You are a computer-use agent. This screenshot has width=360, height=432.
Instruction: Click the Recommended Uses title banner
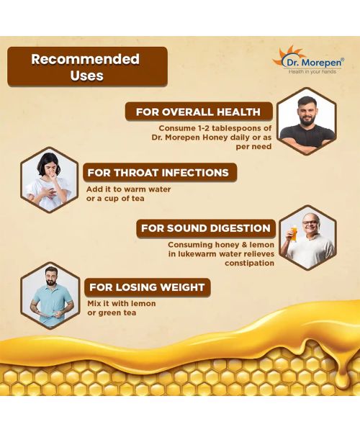[x=87, y=67]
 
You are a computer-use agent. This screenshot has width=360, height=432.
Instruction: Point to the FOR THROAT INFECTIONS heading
[x=157, y=173]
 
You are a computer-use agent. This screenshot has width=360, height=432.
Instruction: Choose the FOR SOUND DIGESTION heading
[x=205, y=228]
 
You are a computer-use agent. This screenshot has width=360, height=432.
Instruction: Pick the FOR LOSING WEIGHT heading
[x=146, y=287]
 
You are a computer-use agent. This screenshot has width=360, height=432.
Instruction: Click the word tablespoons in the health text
[x=243, y=127]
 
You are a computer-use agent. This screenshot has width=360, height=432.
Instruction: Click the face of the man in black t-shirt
[x=307, y=109]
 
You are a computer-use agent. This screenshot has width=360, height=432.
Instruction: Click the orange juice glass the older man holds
[x=293, y=234]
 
